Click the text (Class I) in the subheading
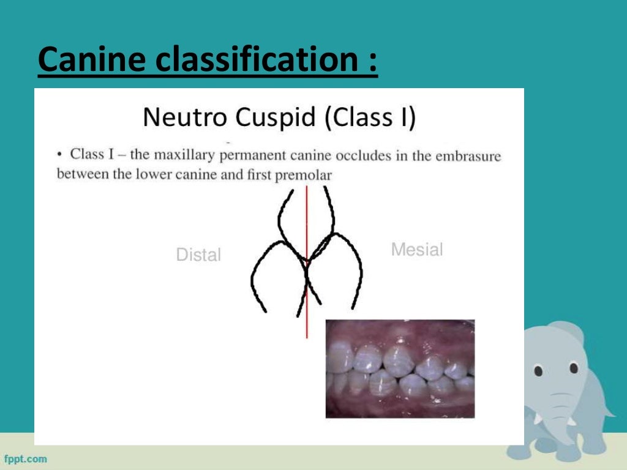[370, 117]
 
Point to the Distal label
[198, 255]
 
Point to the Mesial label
[416, 250]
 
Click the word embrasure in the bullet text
[468, 156]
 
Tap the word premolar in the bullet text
[306, 175]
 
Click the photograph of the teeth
[400, 368]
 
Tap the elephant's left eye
[539, 371]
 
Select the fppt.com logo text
[26, 458]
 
